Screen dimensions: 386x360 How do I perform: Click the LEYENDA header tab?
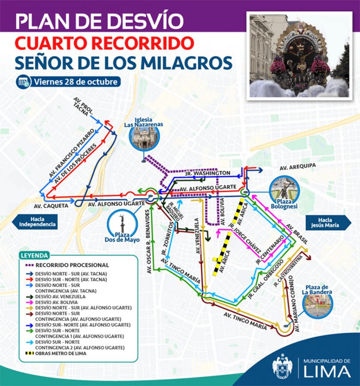pyautogui.click(x=34, y=256)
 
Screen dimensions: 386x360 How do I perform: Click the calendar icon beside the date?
pyautogui.click(x=24, y=81)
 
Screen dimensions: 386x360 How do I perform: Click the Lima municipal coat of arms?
pyautogui.click(x=282, y=367)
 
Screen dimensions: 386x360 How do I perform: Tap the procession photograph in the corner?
pyautogui.click(x=299, y=55)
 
